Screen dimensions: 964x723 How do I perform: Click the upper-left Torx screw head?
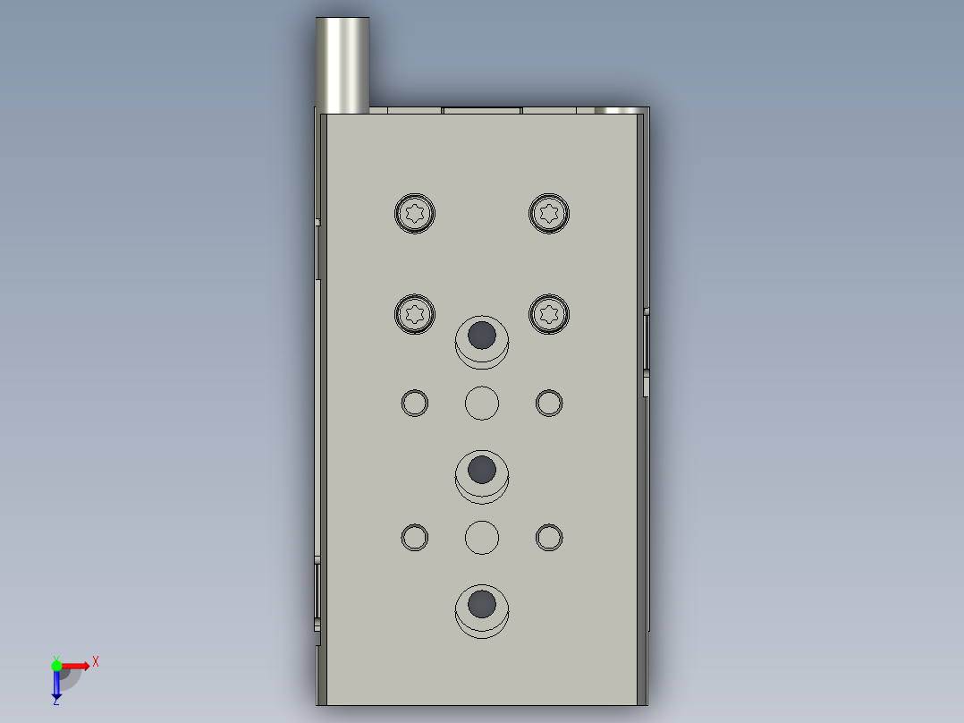415,214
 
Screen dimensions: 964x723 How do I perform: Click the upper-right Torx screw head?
549,214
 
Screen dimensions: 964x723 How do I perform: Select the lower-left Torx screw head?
415,314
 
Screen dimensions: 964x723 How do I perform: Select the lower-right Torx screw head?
549,314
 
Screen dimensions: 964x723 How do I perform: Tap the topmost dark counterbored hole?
482,336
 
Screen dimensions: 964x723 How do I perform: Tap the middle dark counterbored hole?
482,470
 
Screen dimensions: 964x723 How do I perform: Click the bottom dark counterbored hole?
482,604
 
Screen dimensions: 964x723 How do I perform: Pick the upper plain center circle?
482,403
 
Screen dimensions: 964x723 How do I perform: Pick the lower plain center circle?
482,537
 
